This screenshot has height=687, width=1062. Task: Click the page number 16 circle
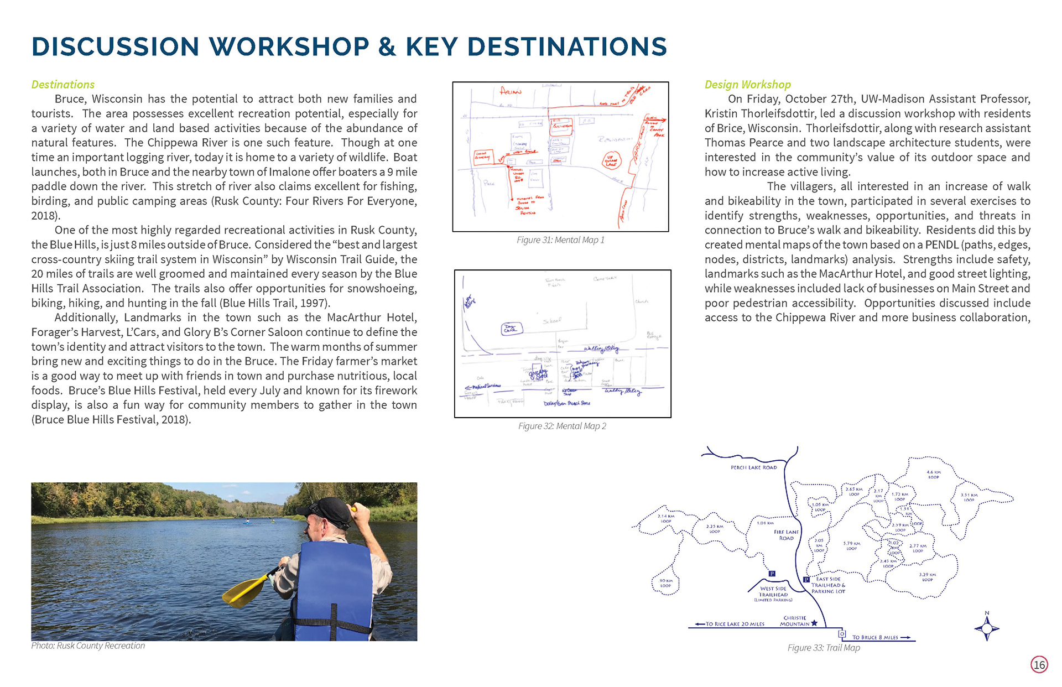tap(1039, 664)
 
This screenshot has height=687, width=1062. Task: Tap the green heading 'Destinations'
tap(63, 84)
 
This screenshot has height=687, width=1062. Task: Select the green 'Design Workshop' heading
tap(747, 84)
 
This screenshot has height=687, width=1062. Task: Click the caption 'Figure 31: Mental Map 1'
tap(560, 240)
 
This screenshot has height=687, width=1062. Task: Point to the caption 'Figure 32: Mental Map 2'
tap(562, 426)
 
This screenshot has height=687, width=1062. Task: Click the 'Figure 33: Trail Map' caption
tap(824, 648)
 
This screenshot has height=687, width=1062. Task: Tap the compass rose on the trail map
tap(987, 628)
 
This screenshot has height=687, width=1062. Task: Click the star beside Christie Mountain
tap(814, 623)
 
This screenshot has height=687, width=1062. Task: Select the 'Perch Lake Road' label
tap(753, 467)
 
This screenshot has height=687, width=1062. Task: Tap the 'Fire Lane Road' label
tap(786, 535)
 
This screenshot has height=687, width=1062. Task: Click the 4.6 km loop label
tap(933, 474)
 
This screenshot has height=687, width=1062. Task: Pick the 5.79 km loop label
tap(851, 545)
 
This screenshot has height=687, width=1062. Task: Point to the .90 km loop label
tap(665, 583)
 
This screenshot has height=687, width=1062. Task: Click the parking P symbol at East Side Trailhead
tap(806, 580)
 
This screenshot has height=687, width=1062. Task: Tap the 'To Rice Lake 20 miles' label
tap(735, 624)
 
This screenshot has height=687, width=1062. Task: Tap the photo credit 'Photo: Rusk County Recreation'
tap(88, 646)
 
